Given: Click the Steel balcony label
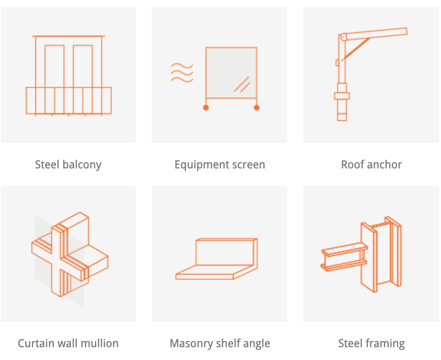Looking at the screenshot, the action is [68, 164].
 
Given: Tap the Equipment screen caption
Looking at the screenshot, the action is [220, 164].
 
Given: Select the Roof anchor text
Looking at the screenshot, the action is [371, 164].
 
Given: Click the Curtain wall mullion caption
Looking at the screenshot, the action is [68, 343].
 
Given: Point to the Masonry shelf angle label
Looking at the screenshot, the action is [220, 343].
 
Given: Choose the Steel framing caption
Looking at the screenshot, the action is [371, 343].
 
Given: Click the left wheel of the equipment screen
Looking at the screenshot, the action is [206, 107].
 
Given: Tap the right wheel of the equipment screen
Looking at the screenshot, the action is [257, 107].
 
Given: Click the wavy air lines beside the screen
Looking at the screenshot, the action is [182, 73].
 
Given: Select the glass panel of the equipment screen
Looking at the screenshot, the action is [231, 73].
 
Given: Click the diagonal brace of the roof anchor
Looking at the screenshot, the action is [356, 49].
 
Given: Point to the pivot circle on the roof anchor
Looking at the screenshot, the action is [343, 37].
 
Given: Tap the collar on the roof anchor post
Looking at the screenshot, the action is [342, 96].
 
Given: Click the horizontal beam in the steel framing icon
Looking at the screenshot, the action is [344, 257].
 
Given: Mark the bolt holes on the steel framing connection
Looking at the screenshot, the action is [362, 255].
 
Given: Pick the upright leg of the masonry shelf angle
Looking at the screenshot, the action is [226, 252].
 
